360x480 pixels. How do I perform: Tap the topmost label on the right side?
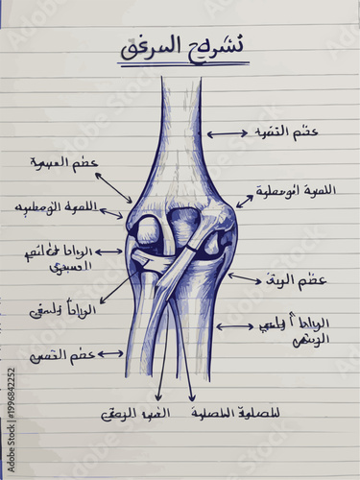click(x=287, y=132)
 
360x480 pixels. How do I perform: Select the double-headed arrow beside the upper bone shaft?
click(x=228, y=133)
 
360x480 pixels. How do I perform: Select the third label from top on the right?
click(x=300, y=281)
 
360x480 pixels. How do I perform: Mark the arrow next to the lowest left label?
click(x=109, y=354)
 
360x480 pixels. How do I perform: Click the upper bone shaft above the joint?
click(x=180, y=125)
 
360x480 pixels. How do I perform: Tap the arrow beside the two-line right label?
click(x=235, y=326)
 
